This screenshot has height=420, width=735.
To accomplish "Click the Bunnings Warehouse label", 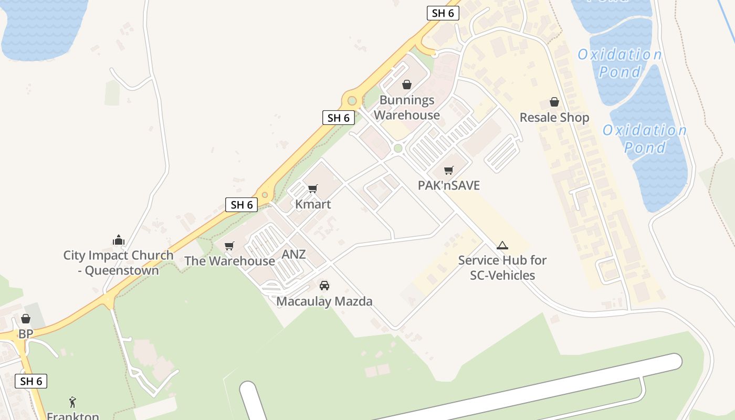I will [x=407, y=108].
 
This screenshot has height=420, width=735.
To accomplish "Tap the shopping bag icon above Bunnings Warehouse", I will [x=406, y=84].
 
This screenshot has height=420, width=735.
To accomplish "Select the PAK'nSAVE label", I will [x=449, y=185].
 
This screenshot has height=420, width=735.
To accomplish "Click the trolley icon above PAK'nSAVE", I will [x=448, y=170].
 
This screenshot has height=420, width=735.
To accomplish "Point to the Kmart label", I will [x=313, y=204].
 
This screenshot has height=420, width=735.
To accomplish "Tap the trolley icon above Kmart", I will [x=313, y=188].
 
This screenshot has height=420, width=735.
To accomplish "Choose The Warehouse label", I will [x=229, y=261].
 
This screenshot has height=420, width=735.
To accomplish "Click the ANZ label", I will [x=293, y=255].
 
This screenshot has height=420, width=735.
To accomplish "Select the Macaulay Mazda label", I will [x=324, y=301].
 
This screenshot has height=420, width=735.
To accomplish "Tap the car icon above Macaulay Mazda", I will [x=324, y=286].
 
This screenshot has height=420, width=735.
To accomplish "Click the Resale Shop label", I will [x=554, y=118].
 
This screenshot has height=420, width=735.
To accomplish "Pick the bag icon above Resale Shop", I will [x=554, y=102].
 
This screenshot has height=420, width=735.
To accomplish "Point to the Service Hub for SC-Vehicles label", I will [x=502, y=268].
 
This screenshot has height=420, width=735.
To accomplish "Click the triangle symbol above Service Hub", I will [x=502, y=245].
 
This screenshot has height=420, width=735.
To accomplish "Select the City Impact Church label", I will [x=118, y=263].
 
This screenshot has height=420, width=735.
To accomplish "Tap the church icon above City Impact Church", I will [x=119, y=240].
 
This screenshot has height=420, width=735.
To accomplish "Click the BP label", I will [x=26, y=334].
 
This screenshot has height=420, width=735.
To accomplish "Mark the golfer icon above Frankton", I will [x=72, y=403].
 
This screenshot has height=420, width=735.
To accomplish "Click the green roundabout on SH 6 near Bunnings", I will [x=352, y=101].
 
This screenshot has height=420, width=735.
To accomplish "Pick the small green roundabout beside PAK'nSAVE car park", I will [x=398, y=148].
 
